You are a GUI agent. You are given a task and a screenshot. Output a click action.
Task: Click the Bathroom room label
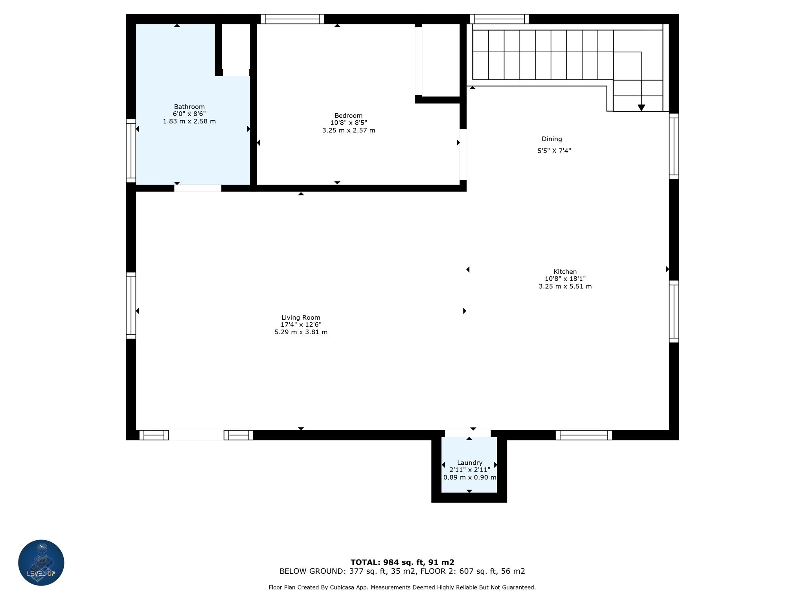[x=189, y=107]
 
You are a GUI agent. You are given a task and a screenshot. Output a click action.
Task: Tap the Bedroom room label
[x=348, y=116]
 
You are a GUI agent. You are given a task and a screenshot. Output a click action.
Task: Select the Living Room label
[x=301, y=318]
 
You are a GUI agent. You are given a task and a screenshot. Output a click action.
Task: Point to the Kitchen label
[x=565, y=272]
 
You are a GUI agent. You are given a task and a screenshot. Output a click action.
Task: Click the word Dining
[x=552, y=139]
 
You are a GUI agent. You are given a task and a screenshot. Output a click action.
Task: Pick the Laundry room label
[x=470, y=463]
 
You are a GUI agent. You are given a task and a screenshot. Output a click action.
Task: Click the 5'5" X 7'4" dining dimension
[x=554, y=151]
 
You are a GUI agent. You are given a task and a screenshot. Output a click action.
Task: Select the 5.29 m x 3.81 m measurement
[x=301, y=332]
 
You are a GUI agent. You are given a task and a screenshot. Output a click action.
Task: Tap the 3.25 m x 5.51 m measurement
[x=565, y=287]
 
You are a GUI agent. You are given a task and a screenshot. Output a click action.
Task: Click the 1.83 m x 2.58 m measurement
[x=189, y=122]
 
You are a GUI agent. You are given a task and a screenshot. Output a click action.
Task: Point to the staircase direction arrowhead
[x=641, y=108]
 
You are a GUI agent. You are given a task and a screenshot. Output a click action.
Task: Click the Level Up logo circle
[x=41, y=563]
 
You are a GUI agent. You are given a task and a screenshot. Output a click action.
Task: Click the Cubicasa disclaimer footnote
[x=402, y=587]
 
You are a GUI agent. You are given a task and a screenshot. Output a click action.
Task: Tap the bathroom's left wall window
[x=131, y=151]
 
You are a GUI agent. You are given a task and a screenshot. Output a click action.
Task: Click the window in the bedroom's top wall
[x=292, y=19]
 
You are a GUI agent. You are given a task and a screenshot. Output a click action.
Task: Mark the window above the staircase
[x=499, y=19]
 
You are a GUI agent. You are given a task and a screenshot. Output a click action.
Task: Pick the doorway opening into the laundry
[x=468, y=434]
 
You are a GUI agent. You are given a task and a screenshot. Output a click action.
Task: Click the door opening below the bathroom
[x=198, y=188]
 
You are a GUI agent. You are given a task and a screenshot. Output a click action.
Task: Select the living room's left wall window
[x=131, y=306]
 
